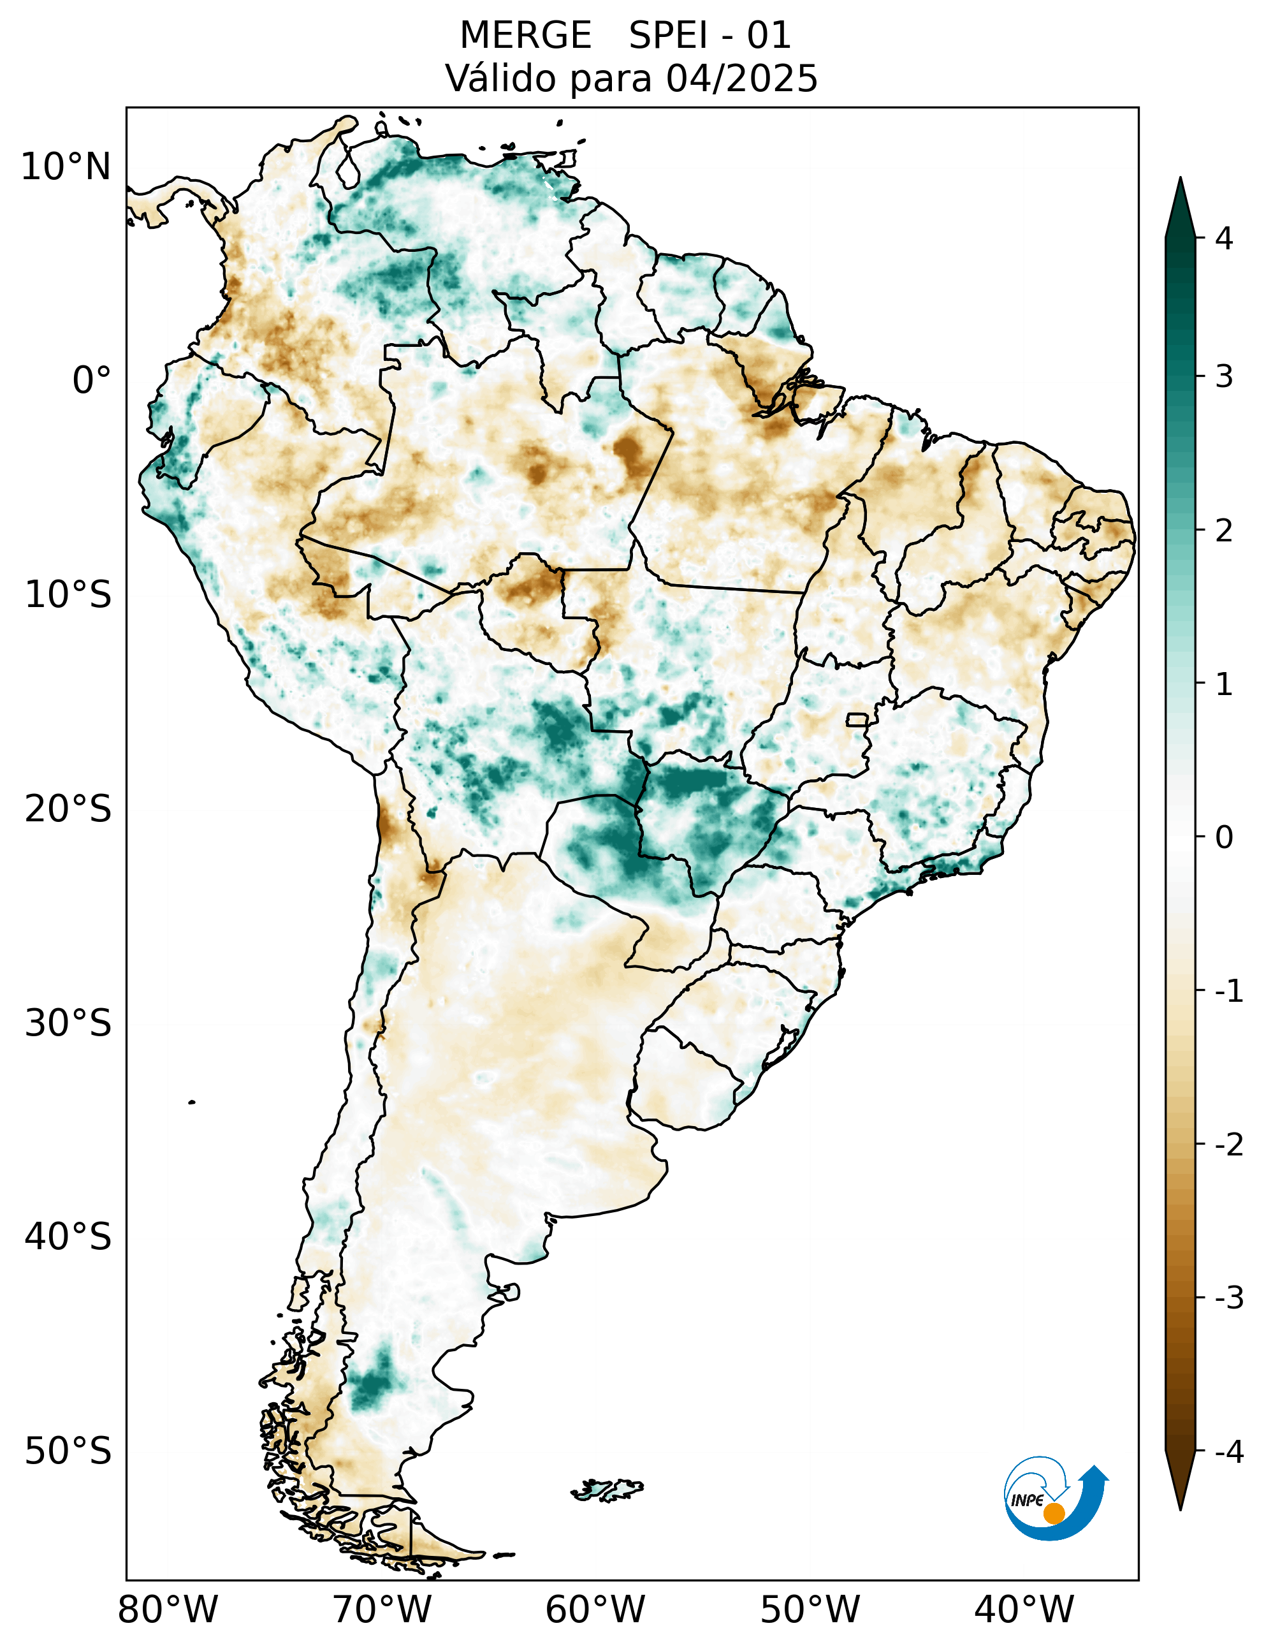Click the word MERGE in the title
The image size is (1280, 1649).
[525, 36]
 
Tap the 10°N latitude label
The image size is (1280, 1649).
[66, 167]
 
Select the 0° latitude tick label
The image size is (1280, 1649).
[91, 380]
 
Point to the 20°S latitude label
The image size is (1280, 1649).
[68, 809]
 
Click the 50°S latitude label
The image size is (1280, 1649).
[68, 1452]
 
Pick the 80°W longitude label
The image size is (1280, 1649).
[168, 1609]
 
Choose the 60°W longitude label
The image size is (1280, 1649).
[595, 1609]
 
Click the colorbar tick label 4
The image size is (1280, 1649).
[1224, 238]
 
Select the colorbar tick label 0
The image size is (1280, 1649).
[1224, 837]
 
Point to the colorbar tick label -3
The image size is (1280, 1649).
[1228, 1298]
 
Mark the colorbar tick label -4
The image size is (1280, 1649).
[1228, 1451]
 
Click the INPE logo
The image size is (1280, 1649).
[1054, 1499]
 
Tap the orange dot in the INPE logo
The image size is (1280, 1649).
[1054, 1513]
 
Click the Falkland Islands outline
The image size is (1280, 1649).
[608, 1489]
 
